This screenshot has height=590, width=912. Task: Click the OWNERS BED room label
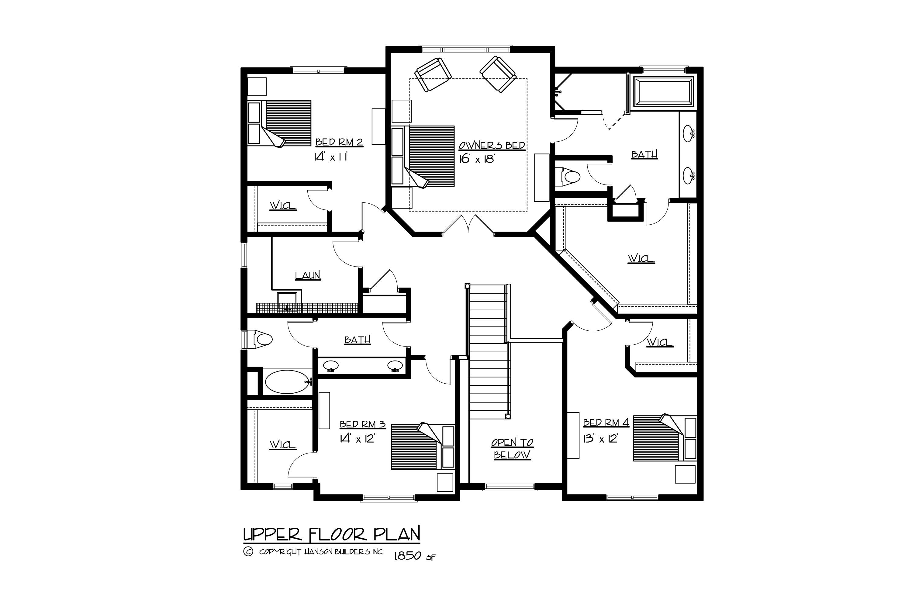pyautogui.click(x=492, y=146)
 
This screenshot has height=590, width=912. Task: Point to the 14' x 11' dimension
pyautogui.click(x=330, y=157)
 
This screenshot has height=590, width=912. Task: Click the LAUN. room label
pyautogui.click(x=308, y=275)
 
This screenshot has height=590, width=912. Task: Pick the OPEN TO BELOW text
pyautogui.click(x=512, y=449)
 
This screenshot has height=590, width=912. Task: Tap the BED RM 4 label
pyautogui.click(x=606, y=423)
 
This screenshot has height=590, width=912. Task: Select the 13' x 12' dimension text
pyautogui.click(x=600, y=439)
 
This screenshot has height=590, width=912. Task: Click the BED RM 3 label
pyautogui.click(x=362, y=425)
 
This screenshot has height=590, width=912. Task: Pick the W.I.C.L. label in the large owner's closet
pyautogui.click(x=641, y=259)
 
